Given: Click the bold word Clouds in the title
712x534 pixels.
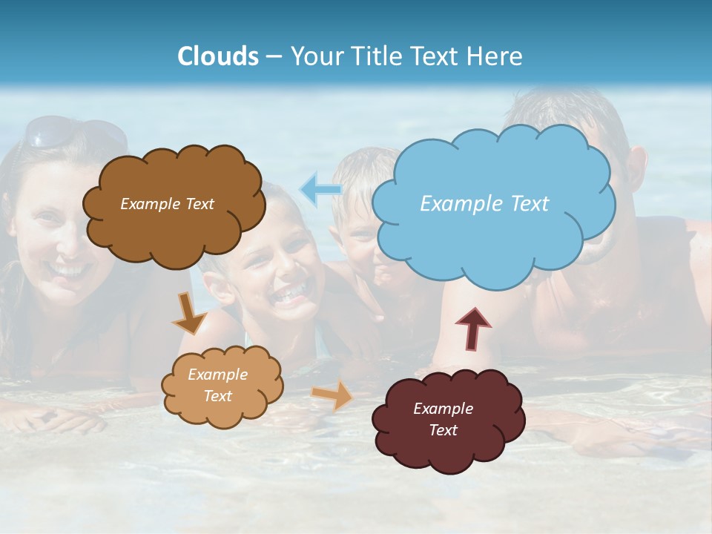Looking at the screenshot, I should click(218, 56).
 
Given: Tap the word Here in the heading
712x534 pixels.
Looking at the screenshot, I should click(495, 56).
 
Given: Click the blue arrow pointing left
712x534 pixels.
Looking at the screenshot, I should click(320, 190).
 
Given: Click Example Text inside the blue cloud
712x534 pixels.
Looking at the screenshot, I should click(484, 204).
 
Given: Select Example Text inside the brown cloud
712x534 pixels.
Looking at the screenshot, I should click(167, 204).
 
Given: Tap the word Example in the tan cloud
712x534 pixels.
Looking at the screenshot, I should click(217, 375).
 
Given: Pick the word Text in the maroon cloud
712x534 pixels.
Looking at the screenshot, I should click(443, 430).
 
